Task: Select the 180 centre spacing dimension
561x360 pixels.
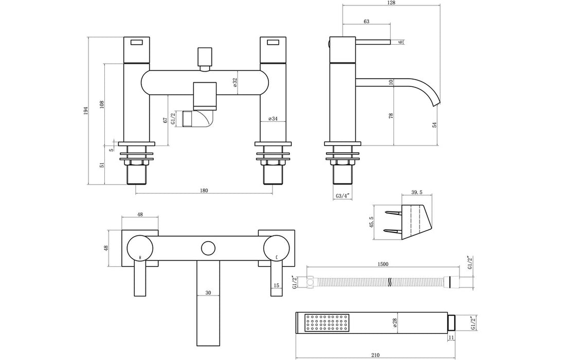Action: point(204,191)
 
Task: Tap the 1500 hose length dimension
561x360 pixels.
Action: point(383,264)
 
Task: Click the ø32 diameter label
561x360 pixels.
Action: point(235,83)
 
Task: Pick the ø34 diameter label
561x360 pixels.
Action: point(273,119)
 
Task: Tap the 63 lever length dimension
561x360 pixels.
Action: point(366,22)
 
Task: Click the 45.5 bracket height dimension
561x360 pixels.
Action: point(372,222)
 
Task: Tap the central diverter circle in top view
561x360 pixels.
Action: point(208,248)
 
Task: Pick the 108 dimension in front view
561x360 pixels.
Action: point(102,104)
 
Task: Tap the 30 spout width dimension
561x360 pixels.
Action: point(208,293)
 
